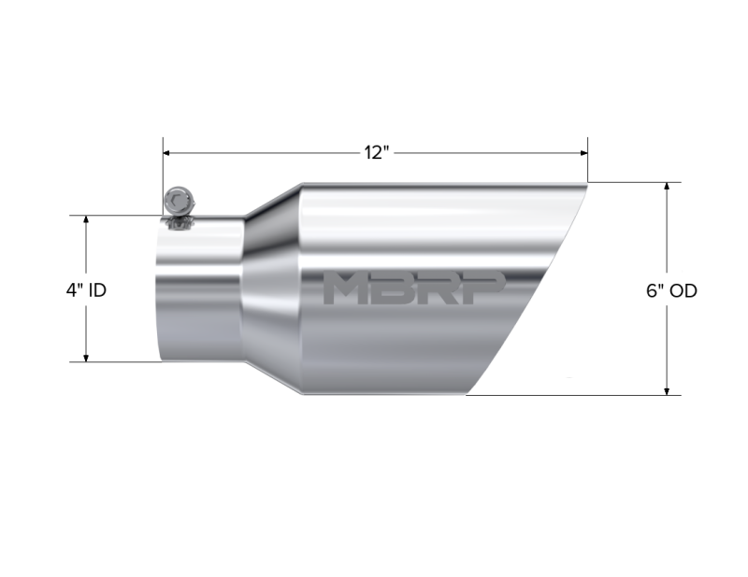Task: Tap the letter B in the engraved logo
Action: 396,289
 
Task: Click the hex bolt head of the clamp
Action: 176,200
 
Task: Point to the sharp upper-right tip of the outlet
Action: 586,184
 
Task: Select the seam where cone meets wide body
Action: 301,289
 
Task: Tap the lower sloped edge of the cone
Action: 273,380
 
